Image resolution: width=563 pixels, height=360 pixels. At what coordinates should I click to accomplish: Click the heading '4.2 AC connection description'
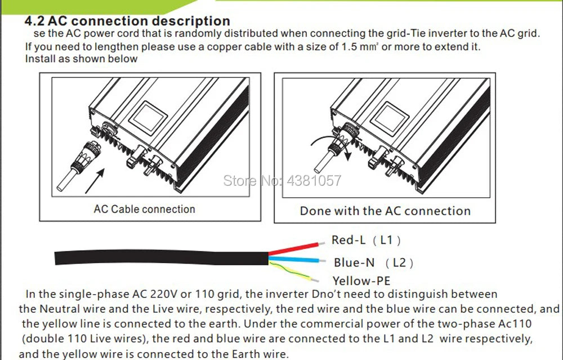128,21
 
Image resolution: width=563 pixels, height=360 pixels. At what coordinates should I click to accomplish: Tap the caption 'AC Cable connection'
144,209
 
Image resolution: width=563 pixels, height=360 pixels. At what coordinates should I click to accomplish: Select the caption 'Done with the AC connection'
385,211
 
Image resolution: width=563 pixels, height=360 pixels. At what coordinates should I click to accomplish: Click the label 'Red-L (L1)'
366,240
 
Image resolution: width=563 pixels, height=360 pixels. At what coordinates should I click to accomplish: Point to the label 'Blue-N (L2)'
373,263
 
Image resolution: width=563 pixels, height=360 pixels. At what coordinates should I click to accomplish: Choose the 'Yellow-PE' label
361,281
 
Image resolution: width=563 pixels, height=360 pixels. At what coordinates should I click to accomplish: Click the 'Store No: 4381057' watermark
283,181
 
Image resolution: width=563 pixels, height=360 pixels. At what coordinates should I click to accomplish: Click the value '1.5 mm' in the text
361,47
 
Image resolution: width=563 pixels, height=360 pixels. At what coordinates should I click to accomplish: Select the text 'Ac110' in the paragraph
515,324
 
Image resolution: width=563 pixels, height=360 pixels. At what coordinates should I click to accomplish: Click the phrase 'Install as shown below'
81,59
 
